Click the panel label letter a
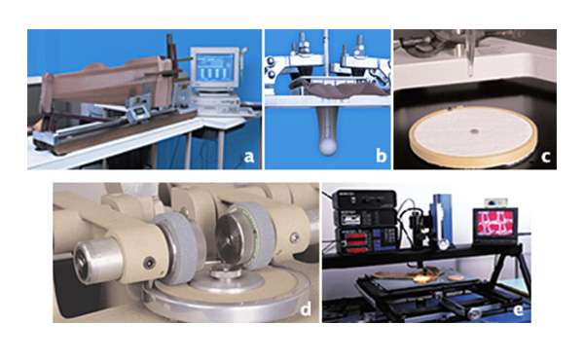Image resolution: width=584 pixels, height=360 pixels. coord(249,157)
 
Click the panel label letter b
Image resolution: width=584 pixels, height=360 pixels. coord(381,155)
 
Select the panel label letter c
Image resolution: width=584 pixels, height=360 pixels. coord(546,157)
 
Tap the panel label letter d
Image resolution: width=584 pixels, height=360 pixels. coord(306,308)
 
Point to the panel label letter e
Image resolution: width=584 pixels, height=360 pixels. coord(518,309)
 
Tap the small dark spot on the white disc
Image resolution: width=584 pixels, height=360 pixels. coord(475,131)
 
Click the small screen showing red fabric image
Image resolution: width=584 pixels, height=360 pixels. coord(495,224)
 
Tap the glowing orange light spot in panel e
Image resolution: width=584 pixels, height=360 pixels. coord(422,277)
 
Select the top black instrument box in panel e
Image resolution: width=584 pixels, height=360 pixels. coord(364,199)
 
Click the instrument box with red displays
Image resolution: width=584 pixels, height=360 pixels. coord(367,240)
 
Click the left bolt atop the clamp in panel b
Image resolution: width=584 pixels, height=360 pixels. coord(302,42)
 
